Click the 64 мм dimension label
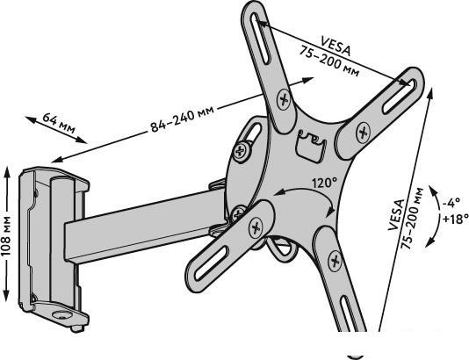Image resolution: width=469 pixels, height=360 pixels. click(59, 123)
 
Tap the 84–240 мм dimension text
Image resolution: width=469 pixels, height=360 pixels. click(182, 119)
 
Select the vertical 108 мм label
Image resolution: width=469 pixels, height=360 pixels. click(5, 235)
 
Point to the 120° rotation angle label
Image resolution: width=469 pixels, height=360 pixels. click(325, 183)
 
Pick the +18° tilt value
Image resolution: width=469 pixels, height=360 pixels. click(455, 220)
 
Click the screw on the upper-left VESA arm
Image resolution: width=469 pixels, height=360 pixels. click(284, 99)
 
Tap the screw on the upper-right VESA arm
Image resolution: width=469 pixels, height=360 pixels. click(363, 132)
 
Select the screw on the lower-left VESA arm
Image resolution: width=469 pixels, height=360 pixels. click(256, 227)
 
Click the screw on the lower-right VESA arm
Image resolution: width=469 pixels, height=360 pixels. click(335, 261)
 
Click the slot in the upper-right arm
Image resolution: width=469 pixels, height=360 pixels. click(400, 96)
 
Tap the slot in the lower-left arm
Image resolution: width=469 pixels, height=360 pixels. click(212, 263)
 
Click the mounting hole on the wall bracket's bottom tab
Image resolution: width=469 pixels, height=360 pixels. click(61, 315)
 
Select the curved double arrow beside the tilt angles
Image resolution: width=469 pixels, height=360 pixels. click(438, 216)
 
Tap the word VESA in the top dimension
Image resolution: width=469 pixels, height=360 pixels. click(335, 46)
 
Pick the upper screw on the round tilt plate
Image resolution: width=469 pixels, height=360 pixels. click(240, 152)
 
